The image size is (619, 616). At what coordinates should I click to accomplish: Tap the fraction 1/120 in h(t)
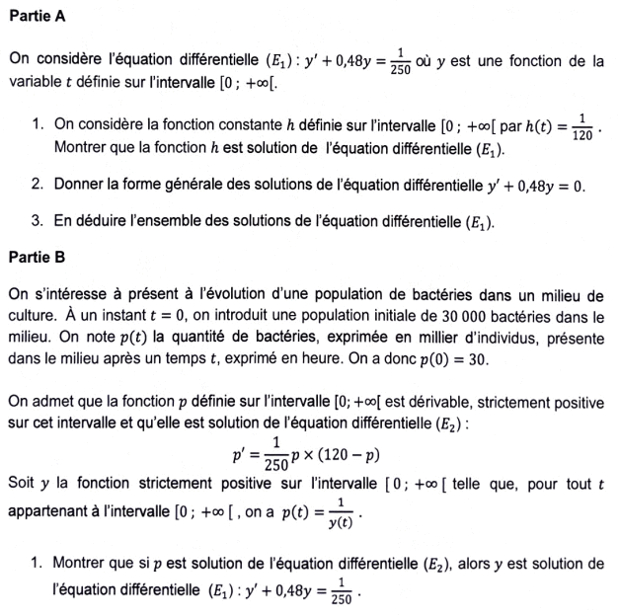click(x=582, y=127)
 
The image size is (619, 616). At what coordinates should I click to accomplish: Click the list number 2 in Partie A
click(x=37, y=185)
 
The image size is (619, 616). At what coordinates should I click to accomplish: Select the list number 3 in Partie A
click(x=37, y=221)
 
